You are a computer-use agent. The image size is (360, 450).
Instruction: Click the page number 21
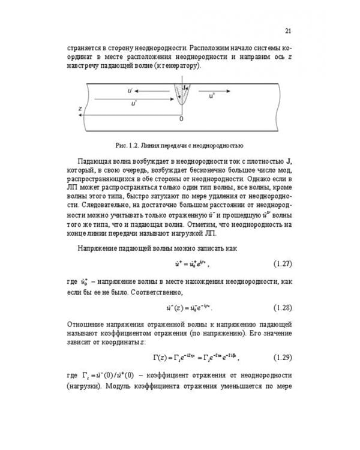[x=288, y=31]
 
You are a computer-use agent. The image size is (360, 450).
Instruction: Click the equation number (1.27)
[x=282, y=264]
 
